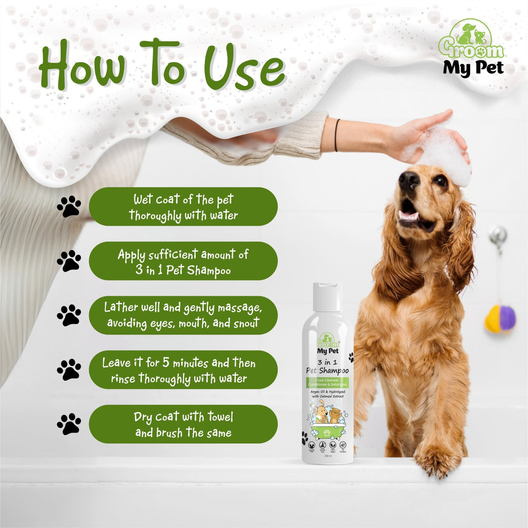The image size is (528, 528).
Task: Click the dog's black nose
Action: click(408, 181)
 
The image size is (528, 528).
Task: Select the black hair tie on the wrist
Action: click(337, 135)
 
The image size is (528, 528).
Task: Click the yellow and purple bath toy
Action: click(500, 318)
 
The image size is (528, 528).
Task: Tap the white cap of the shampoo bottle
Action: click(327, 297)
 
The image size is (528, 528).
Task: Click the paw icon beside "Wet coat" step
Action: click(69, 207)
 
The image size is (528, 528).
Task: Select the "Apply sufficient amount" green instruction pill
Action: click(183, 261)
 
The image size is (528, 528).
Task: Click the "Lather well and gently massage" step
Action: click(183, 315)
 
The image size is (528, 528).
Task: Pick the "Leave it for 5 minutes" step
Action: click(183, 370)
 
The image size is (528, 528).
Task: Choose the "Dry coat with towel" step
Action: click(183, 424)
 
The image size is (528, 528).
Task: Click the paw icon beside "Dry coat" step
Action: click(69, 424)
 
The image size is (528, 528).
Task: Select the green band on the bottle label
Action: click(328, 382)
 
